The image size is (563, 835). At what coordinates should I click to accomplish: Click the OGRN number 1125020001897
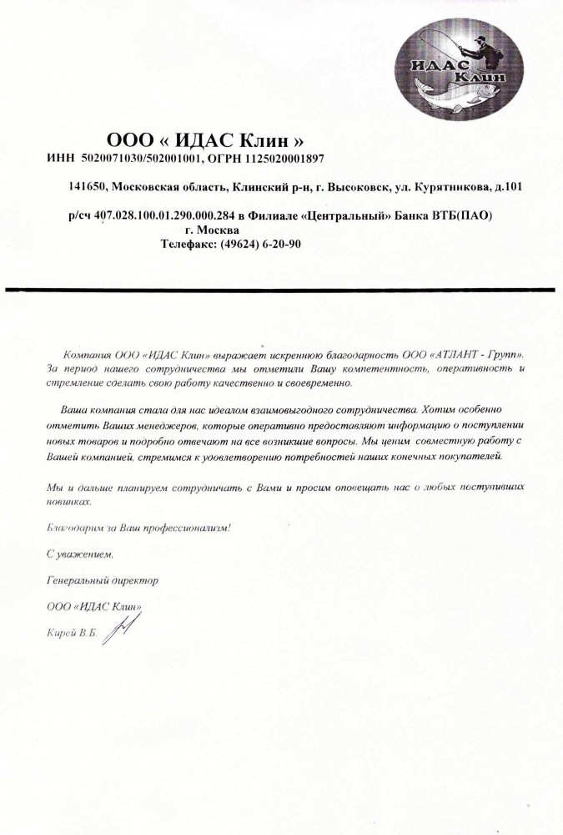coord(283,157)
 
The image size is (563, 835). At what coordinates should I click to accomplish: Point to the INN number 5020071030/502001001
coord(138,157)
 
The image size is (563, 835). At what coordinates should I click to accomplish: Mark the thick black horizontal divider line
coord(281,289)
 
